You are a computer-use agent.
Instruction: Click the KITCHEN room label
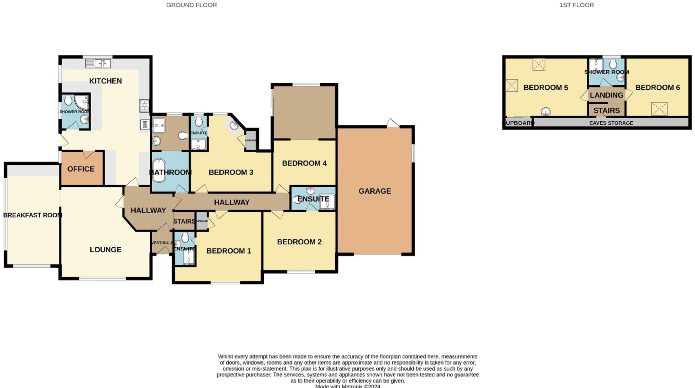click(x=105, y=81)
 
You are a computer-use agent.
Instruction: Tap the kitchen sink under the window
click(x=98, y=63)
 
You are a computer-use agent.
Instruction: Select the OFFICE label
click(x=81, y=169)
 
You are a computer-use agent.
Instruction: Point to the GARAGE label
click(x=375, y=191)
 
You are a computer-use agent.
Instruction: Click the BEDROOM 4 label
click(x=304, y=163)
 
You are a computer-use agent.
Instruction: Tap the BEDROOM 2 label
click(x=299, y=242)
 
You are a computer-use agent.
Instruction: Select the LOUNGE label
click(x=105, y=250)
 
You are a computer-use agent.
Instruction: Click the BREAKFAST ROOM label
click(x=33, y=215)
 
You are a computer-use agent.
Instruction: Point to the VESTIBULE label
click(x=162, y=243)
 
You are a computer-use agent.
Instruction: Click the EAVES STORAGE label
click(x=611, y=123)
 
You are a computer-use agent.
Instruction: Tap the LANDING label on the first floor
click(x=606, y=95)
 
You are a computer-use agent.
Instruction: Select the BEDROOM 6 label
click(x=657, y=88)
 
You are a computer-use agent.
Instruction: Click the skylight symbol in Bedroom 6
click(x=659, y=109)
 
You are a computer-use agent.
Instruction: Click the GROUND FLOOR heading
click(x=191, y=5)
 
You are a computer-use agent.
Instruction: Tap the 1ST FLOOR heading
click(x=576, y=5)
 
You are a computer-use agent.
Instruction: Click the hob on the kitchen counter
click(x=144, y=105)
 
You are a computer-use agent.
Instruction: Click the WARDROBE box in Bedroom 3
click(x=251, y=140)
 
